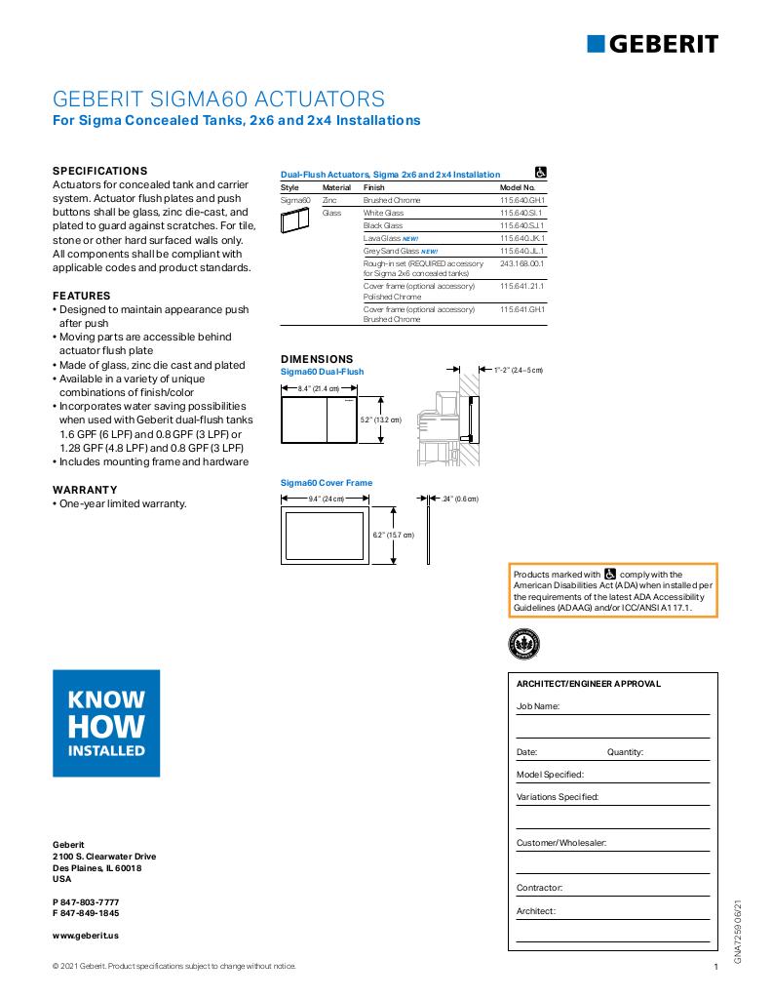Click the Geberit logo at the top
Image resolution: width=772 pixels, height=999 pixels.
[652, 43]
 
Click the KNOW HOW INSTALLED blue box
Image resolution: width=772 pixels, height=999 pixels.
[106, 723]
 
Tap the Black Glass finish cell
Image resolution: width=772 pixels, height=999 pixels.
[383, 225]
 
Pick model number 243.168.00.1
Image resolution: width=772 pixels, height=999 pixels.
[522, 263]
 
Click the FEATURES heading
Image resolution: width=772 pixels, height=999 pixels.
[81, 296]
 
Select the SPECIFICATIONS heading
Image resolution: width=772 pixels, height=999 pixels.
[99, 170]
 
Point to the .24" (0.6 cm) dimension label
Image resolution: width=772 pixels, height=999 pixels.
[460, 499]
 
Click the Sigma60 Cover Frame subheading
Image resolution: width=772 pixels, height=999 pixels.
[327, 483]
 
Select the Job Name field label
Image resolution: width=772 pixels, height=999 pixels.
[538, 705]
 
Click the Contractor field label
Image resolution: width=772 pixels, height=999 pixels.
[540, 888]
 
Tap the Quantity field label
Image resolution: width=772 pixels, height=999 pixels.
[625, 752]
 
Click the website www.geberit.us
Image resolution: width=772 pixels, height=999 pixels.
[86, 935]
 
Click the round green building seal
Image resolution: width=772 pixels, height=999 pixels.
[523, 643]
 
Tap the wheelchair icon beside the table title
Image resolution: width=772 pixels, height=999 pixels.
[541, 172]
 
